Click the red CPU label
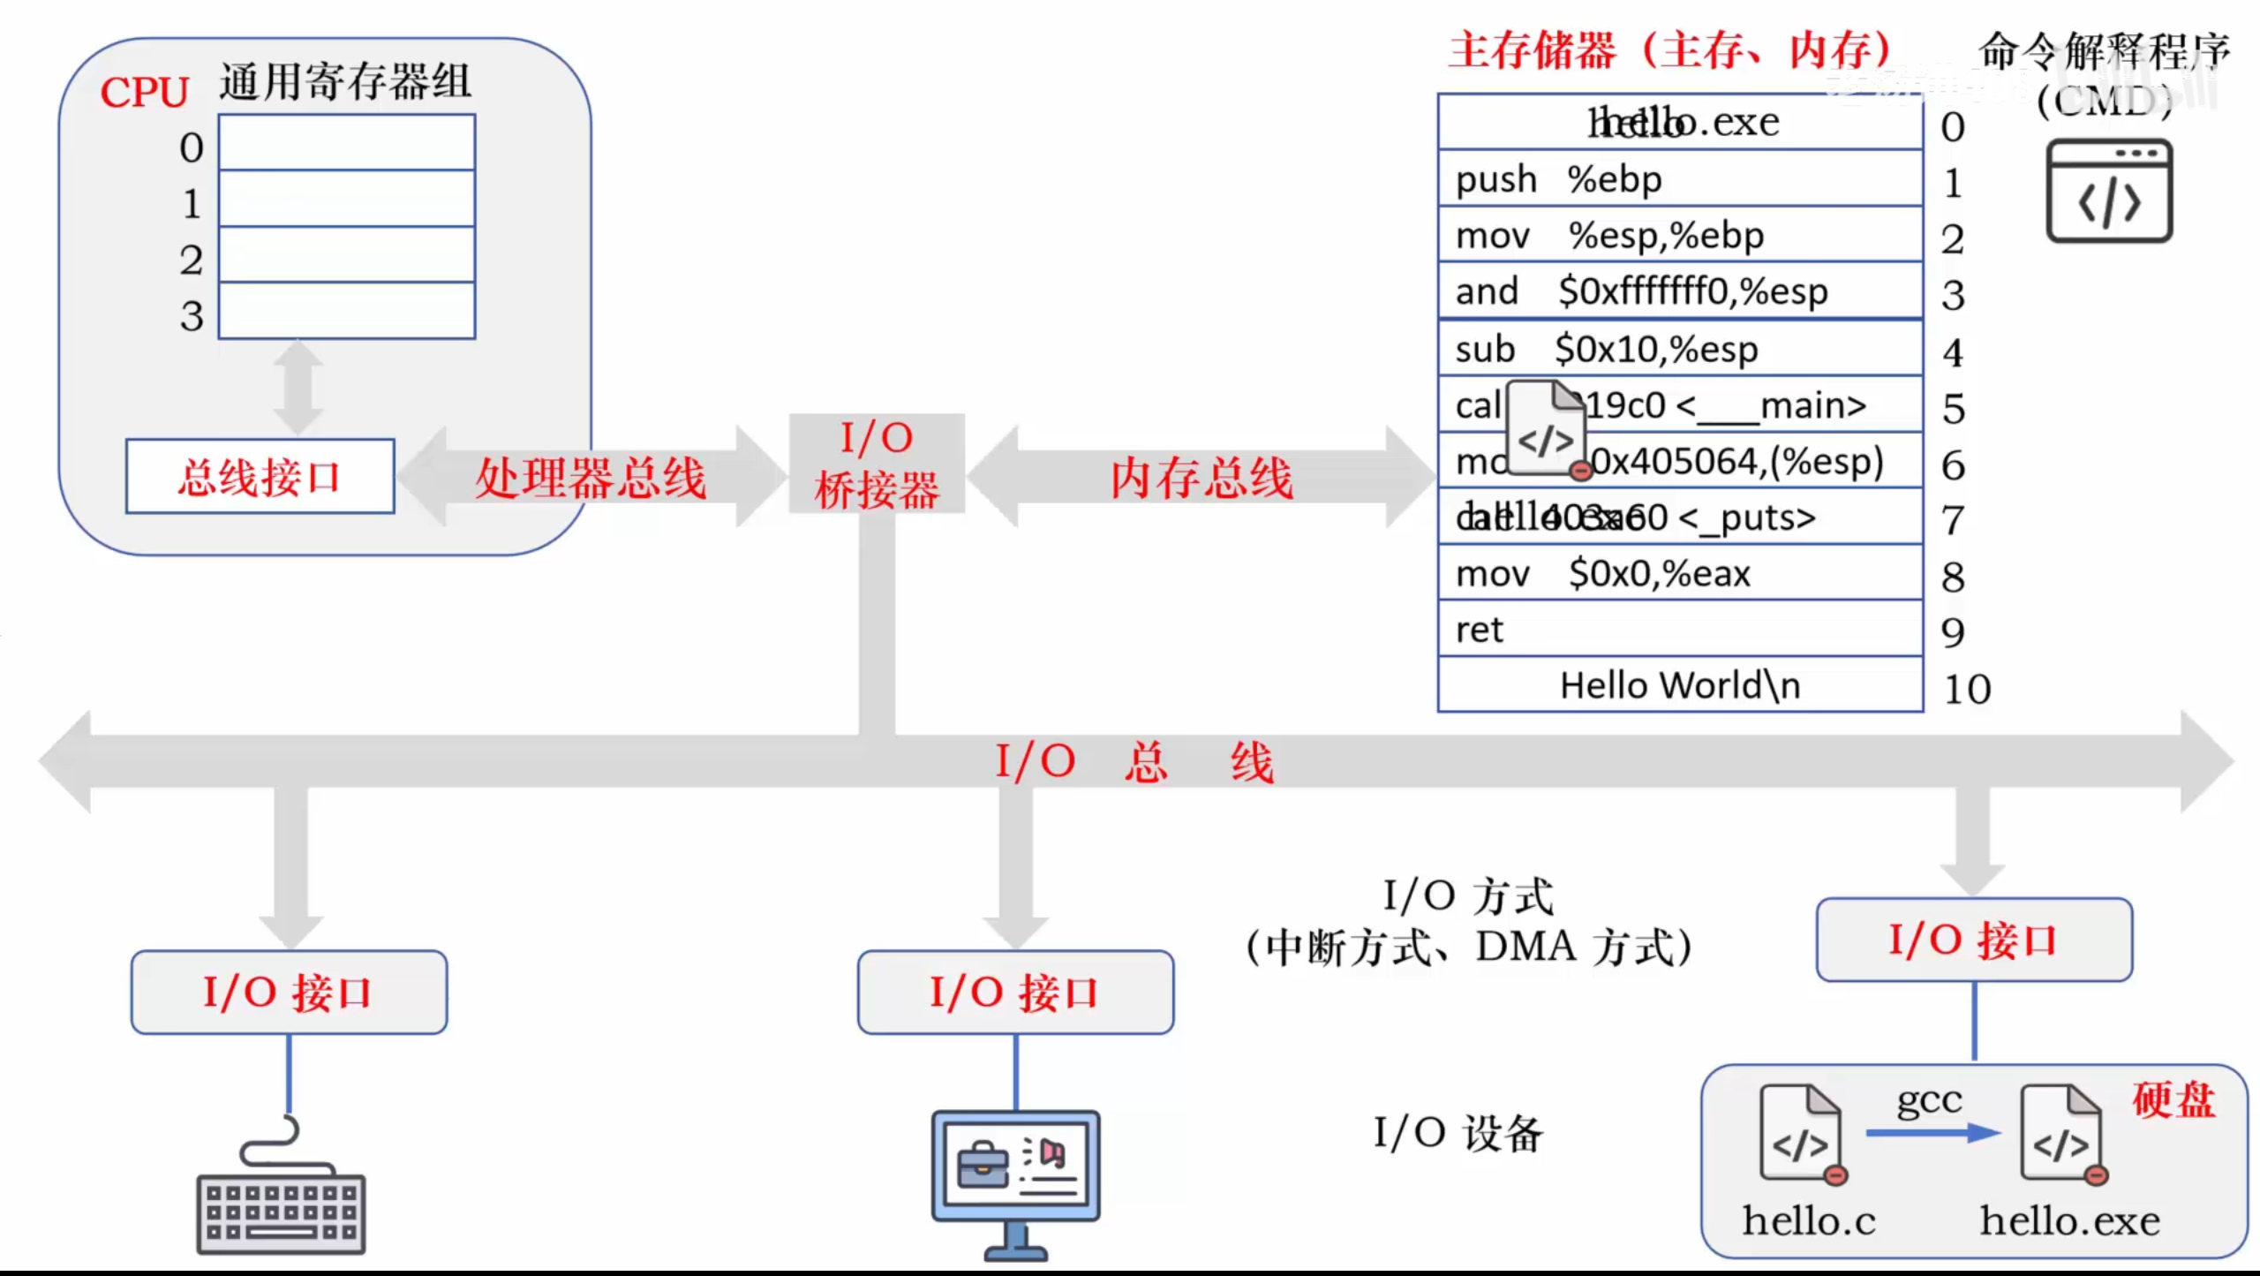144,92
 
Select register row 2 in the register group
346,255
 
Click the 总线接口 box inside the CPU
260,477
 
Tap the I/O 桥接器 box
876,464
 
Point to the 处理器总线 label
590,479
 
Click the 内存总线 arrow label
1201,479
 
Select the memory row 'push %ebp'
1679,179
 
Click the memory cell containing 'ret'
1679,630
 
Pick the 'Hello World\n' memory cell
1679,685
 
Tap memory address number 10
1967,690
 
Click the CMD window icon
2109,191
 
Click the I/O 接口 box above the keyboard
289,993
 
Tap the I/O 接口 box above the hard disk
1974,940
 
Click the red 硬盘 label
2173,1100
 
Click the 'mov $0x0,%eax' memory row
1679,574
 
